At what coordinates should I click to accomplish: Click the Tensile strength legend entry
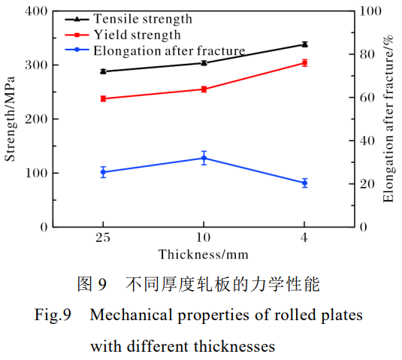click(x=142, y=18)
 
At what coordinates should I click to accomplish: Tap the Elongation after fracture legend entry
click(x=169, y=51)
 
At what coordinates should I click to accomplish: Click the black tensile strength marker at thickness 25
click(x=103, y=71)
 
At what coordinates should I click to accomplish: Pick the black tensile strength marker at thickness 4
click(x=304, y=44)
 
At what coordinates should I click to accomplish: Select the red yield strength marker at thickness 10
click(x=204, y=89)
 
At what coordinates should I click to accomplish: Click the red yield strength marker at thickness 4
click(x=304, y=63)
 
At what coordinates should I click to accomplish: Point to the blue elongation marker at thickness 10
click(x=204, y=158)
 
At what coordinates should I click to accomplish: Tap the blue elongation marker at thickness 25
click(x=103, y=172)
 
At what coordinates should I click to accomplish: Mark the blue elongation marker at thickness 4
click(x=304, y=183)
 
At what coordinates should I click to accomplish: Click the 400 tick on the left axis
click(x=36, y=11)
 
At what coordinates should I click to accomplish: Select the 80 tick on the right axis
click(x=366, y=54)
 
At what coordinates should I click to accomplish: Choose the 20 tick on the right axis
click(x=366, y=183)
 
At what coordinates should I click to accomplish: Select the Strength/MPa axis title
click(x=11, y=119)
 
